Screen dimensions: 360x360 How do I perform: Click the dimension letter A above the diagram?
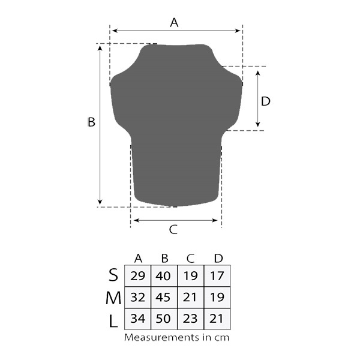(x=174, y=23)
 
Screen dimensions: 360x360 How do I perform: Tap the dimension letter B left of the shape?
(x=91, y=122)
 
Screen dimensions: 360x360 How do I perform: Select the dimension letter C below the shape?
(x=173, y=229)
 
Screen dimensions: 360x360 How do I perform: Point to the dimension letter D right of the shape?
(x=266, y=101)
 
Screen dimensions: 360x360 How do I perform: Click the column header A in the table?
(x=138, y=259)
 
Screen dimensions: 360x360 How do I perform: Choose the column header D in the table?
(x=218, y=259)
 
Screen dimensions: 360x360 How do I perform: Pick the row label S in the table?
(x=113, y=275)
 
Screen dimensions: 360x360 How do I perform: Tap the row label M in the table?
(x=113, y=298)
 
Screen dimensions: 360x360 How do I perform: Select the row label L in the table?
(x=113, y=321)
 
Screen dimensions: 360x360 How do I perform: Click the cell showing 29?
(x=138, y=276)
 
